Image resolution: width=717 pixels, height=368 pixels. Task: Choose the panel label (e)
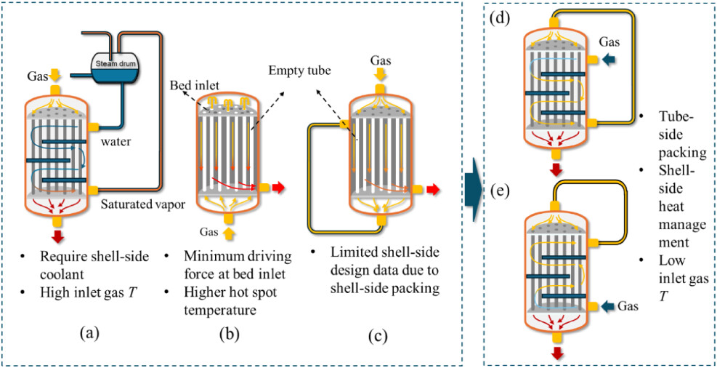500,191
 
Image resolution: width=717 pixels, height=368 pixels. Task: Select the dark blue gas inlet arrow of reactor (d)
611,61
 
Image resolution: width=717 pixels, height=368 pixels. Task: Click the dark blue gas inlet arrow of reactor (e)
610,306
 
